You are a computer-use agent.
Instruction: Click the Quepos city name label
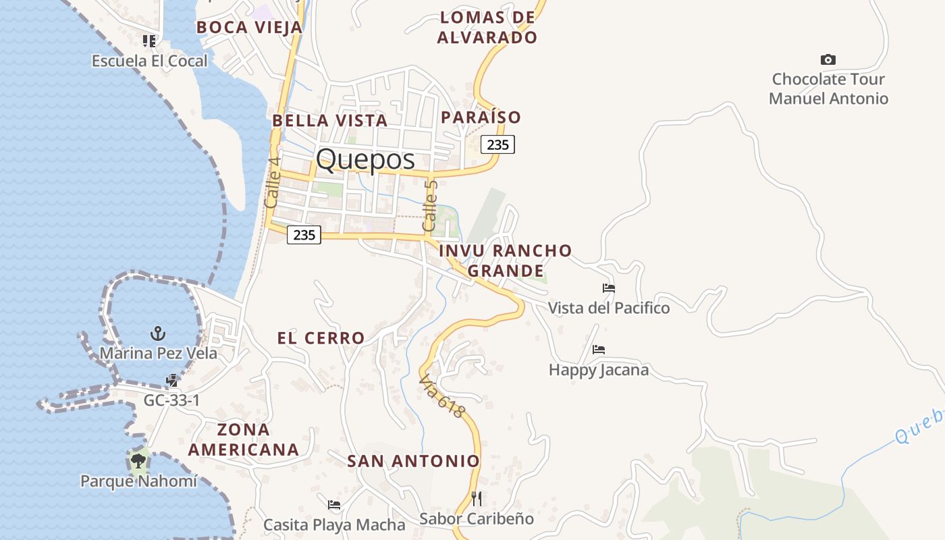365,159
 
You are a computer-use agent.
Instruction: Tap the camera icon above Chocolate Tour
828,60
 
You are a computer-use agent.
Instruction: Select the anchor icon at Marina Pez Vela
157,333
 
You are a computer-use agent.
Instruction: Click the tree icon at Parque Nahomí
138,462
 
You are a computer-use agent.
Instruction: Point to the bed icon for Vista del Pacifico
609,288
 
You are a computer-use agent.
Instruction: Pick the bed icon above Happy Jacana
599,350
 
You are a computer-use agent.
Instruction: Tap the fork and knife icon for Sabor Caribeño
477,499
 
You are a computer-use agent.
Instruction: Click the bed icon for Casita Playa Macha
334,504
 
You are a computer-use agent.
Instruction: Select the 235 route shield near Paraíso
498,144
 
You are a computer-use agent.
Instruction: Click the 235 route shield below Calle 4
304,235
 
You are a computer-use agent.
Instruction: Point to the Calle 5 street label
430,205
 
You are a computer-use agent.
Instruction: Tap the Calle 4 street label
273,182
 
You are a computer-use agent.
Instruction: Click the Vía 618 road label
443,397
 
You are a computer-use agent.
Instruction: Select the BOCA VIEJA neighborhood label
249,28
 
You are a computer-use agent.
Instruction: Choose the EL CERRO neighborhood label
321,338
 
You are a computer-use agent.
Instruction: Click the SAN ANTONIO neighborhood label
413,462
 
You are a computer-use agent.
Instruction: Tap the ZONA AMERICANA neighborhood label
244,439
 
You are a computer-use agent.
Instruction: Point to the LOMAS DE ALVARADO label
487,28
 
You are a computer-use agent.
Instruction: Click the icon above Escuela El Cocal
149,41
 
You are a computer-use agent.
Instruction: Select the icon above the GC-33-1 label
171,381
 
